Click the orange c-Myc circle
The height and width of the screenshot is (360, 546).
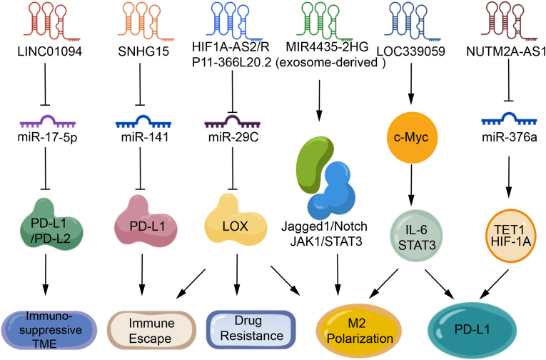(x=412, y=137)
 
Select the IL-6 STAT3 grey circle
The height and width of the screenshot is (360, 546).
(x=417, y=236)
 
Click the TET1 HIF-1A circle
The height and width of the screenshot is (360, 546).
(x=510, y=236)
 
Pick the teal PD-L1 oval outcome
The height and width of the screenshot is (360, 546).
(x=472, y=330)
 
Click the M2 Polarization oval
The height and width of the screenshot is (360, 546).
(x=359, y=331)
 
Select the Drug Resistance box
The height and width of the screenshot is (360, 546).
(x=251, y=329)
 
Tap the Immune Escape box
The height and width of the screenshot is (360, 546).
(x=151, y=331)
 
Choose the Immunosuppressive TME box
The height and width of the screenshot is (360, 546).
(x=49, y=330)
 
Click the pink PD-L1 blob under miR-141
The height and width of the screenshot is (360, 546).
(x=146, y=221)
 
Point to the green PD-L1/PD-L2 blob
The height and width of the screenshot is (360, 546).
(x=51, y=224)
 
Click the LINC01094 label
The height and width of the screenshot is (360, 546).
(x=50, y=51)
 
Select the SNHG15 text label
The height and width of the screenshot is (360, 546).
(x=143, y=51)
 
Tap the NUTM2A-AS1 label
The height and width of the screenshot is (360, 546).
(x=506, y=51)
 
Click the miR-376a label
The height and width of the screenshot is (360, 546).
(x=510, y=137)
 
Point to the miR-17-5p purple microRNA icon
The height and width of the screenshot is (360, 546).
(x=48, y=121)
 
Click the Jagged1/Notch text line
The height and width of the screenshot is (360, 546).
(x=324, y=226)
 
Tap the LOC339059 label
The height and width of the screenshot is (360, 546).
(x=411, y=51)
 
